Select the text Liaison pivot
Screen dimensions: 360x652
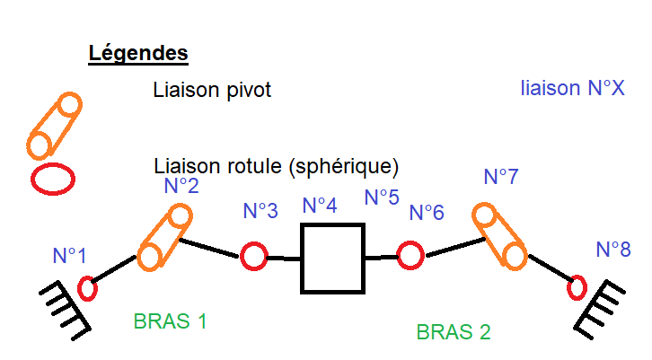point(212,90)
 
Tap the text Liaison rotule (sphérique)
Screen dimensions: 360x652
point(276,167)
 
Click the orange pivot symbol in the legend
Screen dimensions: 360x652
point(54,126)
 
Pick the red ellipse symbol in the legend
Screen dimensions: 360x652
point(53,178)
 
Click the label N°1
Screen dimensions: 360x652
point(69,256)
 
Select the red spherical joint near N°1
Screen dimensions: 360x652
point(87,289)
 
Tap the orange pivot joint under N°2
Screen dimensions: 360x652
point(163,238)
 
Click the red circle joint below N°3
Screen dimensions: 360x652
point(253,257)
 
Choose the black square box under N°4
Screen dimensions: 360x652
point(332,259)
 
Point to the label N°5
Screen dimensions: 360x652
point(381,197)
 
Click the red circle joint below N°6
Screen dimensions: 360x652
point(410,255)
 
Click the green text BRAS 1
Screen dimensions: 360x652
point(171,320)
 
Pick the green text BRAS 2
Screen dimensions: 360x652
point(453,331)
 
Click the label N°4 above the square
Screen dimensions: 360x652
point(320,206)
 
